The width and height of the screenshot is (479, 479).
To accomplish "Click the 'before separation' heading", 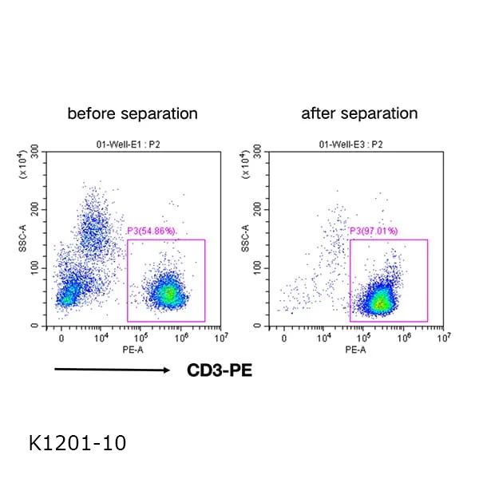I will point(132,113).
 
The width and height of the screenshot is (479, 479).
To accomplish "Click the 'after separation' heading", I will point(359,113).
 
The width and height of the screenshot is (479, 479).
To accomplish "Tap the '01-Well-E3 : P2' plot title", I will point(358,144).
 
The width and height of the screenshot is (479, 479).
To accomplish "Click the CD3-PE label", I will point(220,370).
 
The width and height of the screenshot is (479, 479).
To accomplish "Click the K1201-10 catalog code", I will point(77,441).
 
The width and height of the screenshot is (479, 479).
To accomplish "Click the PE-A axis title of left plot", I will point(133,350).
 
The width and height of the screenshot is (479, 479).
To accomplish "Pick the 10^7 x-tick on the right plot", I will point(448,337).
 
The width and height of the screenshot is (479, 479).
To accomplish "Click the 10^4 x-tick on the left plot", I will point(101,337).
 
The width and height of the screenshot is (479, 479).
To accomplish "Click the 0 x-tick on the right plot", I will point(284,338).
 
